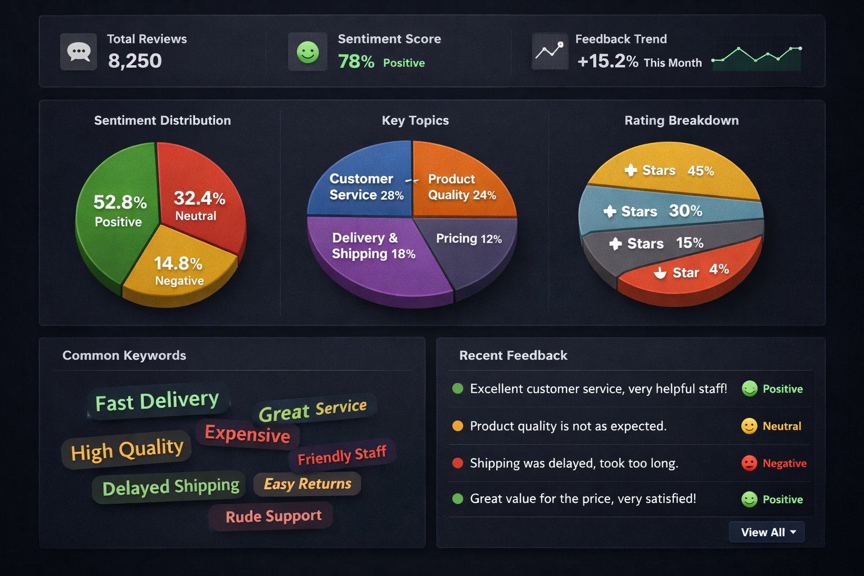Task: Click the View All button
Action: (767, 532)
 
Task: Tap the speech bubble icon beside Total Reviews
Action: (79, 52)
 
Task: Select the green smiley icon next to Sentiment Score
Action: (308, 52)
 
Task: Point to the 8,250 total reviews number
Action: (135, 61)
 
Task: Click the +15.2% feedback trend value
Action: (607, 61)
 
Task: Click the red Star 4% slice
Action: (692, 276)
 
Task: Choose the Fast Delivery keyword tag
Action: (157, 401)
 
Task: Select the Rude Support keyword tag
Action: (273, 516)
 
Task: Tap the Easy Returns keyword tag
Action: (307, 484)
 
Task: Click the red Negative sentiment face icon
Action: (749, 463)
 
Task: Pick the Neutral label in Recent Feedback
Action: (782, 426)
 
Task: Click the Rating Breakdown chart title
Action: (681, 120)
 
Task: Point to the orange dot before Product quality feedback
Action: (458, 426)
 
